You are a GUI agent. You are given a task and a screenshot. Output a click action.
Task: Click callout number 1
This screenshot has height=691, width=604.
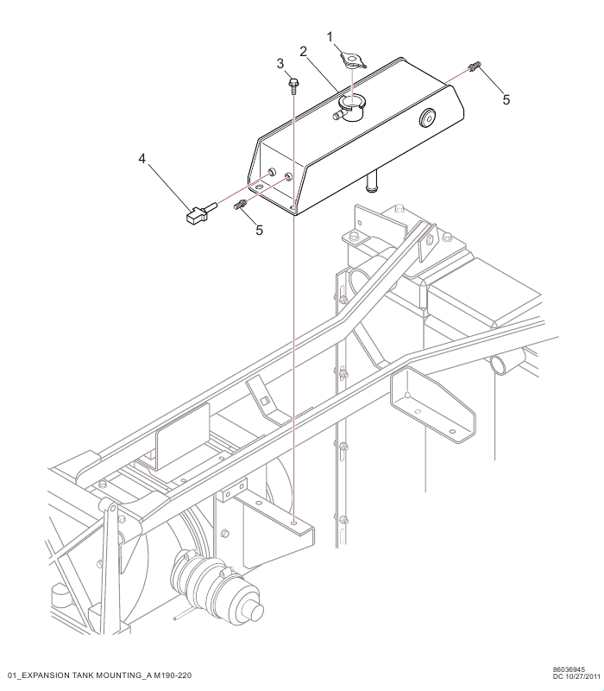[x=330, y=37]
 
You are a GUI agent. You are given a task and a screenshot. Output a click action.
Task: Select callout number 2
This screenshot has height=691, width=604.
[x=304, y=52]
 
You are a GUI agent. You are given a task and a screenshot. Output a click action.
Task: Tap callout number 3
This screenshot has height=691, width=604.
[x=280, y=64]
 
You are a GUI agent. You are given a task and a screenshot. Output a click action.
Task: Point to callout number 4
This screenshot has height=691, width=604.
[x=142, y=159]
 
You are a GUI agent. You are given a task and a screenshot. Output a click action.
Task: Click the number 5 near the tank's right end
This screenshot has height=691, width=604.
[x=506, y=100]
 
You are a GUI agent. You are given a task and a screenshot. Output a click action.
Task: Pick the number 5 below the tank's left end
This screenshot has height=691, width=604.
[x=260, y=230]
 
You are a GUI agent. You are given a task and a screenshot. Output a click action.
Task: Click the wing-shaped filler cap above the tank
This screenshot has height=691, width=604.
[x=353, y=60]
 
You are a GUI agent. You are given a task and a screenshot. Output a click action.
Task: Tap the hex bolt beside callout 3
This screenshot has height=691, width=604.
[x=293, y=85]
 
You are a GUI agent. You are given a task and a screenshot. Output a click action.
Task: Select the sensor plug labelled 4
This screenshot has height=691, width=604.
[x=200, y=212]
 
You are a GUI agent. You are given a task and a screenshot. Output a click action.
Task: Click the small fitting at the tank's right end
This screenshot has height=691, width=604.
[x=474, y=67]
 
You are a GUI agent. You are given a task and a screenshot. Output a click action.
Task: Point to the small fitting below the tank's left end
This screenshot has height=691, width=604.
[x=241, y=205]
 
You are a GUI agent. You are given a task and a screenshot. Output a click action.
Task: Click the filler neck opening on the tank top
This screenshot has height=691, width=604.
[x=351, y=103]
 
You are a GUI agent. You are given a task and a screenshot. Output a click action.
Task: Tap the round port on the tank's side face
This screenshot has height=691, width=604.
[x=427, y=117]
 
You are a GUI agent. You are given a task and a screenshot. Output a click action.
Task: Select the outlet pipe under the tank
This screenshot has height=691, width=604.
[x=373, y=183]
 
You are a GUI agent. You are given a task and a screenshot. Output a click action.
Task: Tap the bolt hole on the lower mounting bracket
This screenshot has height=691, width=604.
[x=293, y=523]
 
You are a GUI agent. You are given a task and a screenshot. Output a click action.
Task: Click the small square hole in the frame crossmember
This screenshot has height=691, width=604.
[x=264, y=401]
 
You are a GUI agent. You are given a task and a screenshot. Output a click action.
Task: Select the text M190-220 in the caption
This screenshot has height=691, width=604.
[x=173, y=675]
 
